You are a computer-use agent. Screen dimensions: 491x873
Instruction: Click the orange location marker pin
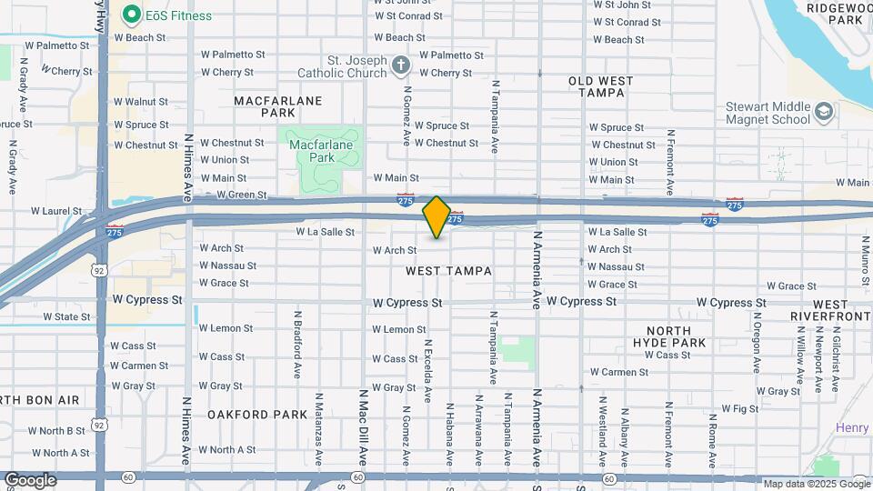click(x=437, y=217)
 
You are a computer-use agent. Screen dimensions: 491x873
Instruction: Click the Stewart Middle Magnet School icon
click(x=824, y=112)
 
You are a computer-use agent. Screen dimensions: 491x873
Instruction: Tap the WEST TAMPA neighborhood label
click(x=448, y=271)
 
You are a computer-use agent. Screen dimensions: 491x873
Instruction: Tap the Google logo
click(x=30, y=480)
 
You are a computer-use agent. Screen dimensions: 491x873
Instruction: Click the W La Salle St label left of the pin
click(x=325, y=232)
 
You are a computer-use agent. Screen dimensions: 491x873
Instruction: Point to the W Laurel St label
click(x=55, y=211)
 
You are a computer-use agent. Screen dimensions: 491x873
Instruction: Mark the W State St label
click(x=66, y=317)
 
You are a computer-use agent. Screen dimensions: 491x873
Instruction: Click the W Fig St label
click(x=739, y=409)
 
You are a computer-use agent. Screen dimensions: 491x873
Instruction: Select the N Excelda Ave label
click(x=427, y=370)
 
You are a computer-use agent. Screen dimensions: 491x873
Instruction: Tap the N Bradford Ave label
click(x=296, y=346)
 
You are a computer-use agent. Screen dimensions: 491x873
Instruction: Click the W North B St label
click(x=56, y=431)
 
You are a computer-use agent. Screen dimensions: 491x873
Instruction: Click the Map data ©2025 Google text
click(x=815, y=484)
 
